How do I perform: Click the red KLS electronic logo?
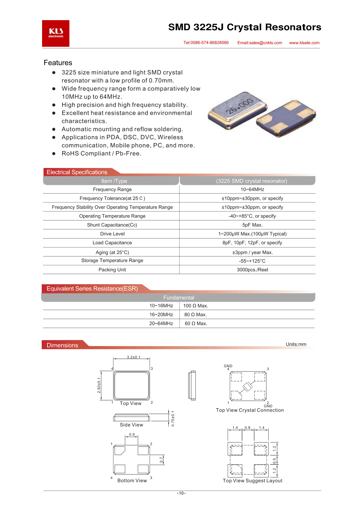[x=56, y=33]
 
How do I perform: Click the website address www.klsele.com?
[x=304, y=43]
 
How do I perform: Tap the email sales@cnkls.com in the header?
[x=260, y=43]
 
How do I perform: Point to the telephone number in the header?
[x=206, y=43]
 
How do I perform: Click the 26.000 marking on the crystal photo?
[x=240, y=106]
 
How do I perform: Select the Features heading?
[x=58, y=63]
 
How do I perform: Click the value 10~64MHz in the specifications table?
[x=252, y=190]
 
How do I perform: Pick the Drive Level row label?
[x=112, y=234]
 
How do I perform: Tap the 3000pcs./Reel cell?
[x=252, y=270]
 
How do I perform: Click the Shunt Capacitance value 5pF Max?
[x=252, y=225]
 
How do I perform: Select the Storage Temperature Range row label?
[x=112, y=260]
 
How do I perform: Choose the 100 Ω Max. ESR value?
[x=196, y=306]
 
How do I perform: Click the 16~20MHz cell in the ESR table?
[x=161, y=315]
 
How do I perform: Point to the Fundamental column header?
[x=179, y=298]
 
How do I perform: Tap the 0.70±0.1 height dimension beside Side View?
[x=173, y=419]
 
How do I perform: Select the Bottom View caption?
[x=132, y=481]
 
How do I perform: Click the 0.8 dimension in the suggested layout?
[x=247, y=428]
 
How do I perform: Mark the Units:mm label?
[x=296, y=344]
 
